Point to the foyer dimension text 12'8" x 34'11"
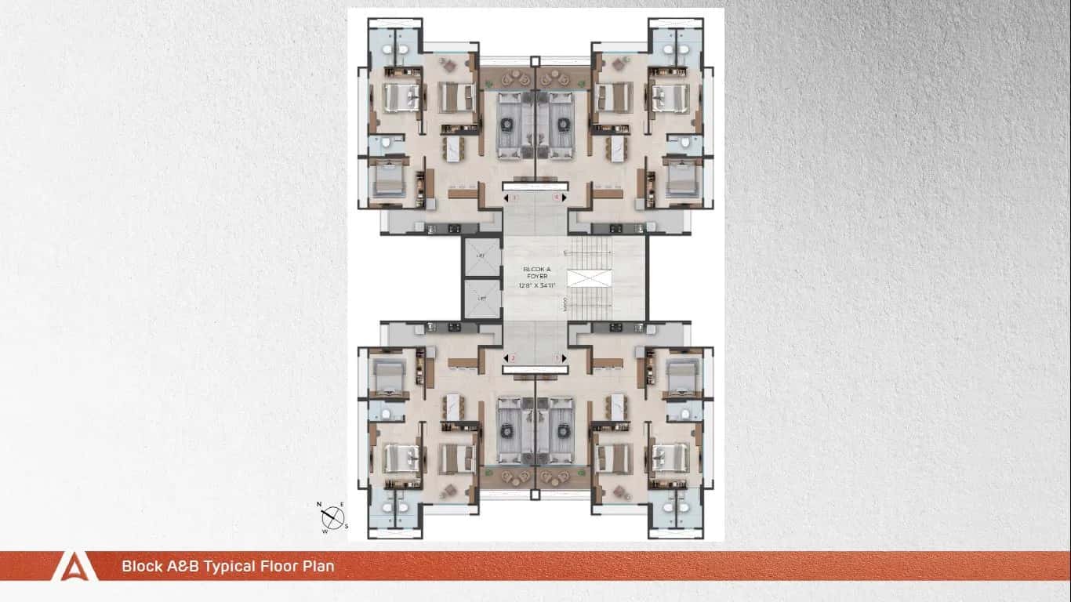[536, 286]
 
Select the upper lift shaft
[481, 256]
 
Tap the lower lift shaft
[481, 299]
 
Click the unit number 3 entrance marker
[514, 198]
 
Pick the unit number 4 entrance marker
[557, 198]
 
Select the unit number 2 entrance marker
[513, 358]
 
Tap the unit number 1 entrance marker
[557, 358]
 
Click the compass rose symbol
[334, 517]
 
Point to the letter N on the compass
[319, 505]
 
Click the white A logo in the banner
[74, 566]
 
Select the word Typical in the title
[234, 566]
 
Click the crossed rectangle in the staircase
[587, 278]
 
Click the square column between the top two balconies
[535, 61]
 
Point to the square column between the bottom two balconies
[535, 495]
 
